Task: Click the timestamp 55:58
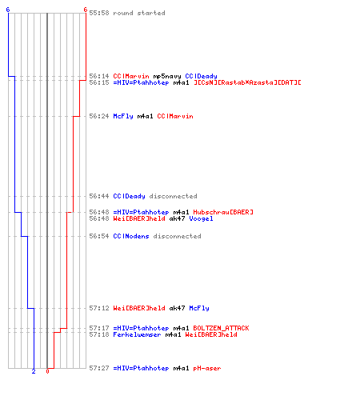[x=99, y=13]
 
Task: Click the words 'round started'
[x=139, y=13]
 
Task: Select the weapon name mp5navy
[x=167, y=76]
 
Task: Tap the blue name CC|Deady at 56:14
[x=201, y=76]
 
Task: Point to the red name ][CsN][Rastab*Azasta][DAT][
[x=247, y=82]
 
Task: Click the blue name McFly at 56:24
[x=123, y=116]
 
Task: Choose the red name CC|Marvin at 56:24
[x=175, y=116]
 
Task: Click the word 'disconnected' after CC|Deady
[x=173, y=196]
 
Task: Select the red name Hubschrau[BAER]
[x=223, y=212]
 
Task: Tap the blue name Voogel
[x=201, y=218]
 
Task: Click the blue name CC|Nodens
[x=131, y=236]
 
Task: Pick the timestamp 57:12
[x=99, y=308]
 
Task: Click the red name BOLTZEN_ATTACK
[x=221, y=328]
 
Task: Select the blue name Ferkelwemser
[x=137, y=334]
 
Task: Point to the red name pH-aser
[x=207, y=368]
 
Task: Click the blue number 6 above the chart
[x=8, y=10]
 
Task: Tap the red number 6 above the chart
[x=85, y=10]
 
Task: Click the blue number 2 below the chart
[x=34, y=371]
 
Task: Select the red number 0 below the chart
[x=47, y=371]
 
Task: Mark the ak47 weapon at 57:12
[x=177, y=308]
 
